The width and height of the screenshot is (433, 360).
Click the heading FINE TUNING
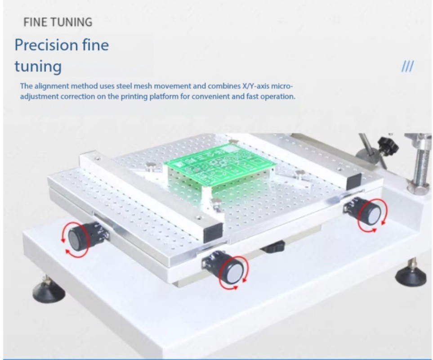(x=58, y=22)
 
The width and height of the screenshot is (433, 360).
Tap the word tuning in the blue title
(x=38, y=67)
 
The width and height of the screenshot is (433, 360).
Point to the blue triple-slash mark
(x=407, y=67)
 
